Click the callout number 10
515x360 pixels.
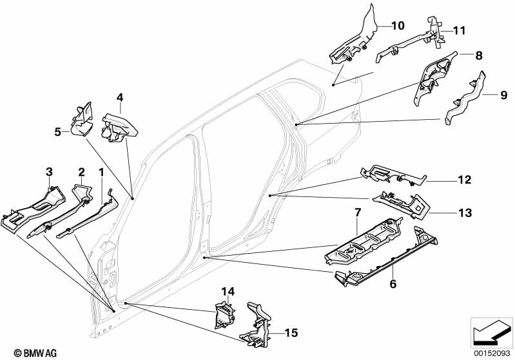(397, 26)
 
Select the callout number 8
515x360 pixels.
(479, 56)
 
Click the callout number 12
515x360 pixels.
(464, 180)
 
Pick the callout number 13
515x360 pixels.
(464, 212)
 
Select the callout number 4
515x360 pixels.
(119, 98)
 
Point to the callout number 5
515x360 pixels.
(57, 132)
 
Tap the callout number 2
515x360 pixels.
(81, 172)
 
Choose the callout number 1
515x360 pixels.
(101, 172)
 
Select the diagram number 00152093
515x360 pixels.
(491, 353)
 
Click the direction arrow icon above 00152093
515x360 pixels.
(491, 332)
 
